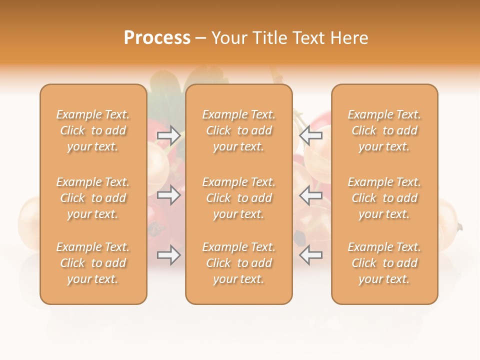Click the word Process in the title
click(157, 38)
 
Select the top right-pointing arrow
click(168, 135)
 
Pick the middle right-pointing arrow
click(168, 195)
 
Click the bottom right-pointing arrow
click(168, 255)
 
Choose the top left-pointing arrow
click(310, 135)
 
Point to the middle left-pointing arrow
click(310, 195)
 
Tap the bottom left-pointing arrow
click(310, 255)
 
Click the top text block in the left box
click(93, 130)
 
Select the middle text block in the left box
click(93, 198)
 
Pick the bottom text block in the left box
click(93, 263)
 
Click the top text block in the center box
click(239, 130)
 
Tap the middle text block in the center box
click(239, 198)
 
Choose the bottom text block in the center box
click(239, 263)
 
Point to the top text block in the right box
click(384, 130)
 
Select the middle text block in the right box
click(384, 198)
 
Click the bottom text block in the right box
click(384, 263)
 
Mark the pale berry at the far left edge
click(29, 222)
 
